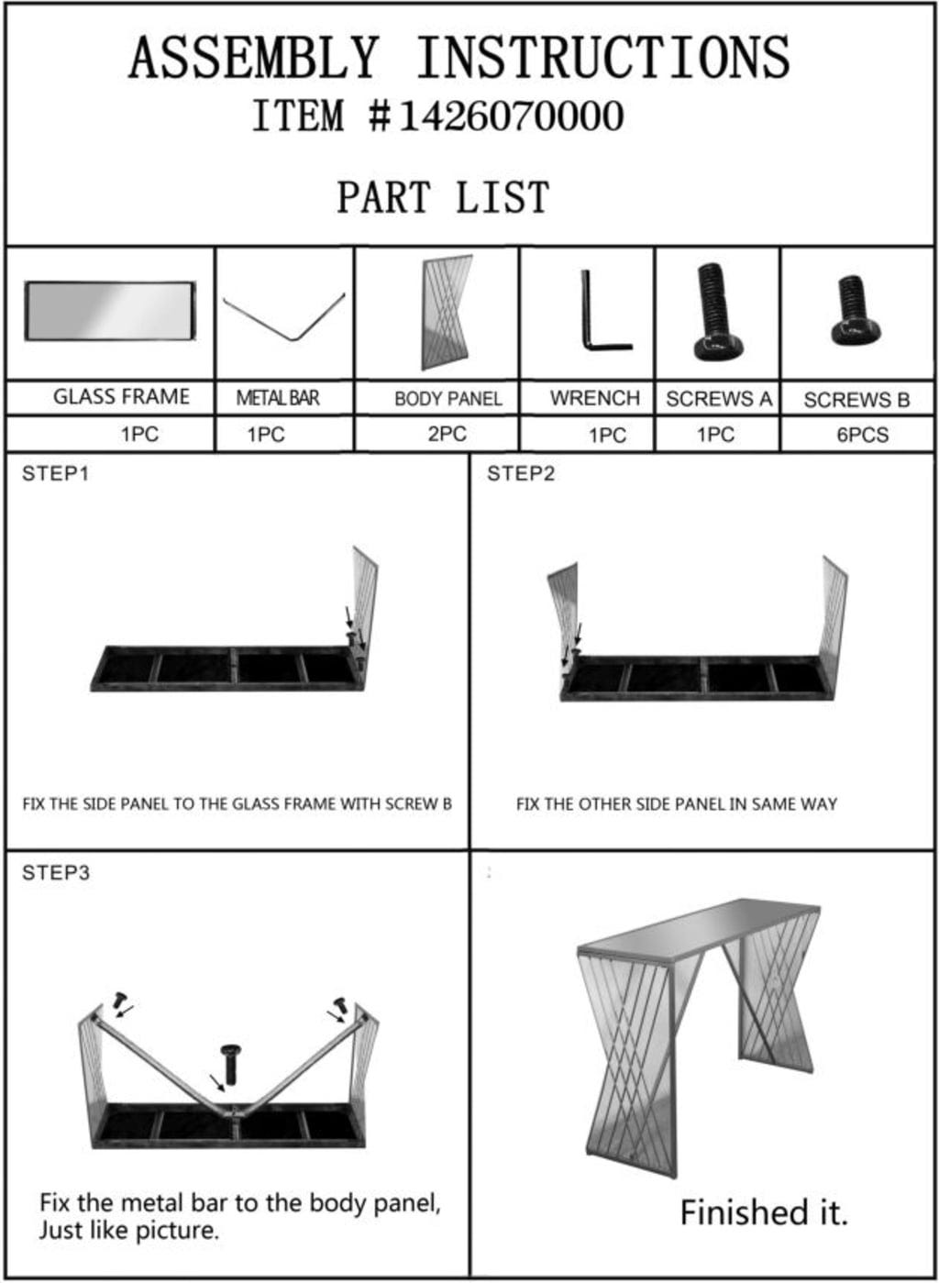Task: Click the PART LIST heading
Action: tap(443, 197)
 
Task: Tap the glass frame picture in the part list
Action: tap(110, 311)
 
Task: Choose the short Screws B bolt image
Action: tap(855, 311)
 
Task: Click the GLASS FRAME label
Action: tap(121, 396)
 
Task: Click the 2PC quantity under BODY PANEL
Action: tap(447, 434)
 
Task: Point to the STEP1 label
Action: tap(56, 474)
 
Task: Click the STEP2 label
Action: tap(521, 474)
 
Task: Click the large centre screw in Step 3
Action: tap(230, 1064)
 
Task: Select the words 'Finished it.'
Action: tap(764, 1212)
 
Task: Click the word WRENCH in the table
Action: tap(595, 397)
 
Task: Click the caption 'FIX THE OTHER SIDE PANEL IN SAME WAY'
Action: tap(676, 804)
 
